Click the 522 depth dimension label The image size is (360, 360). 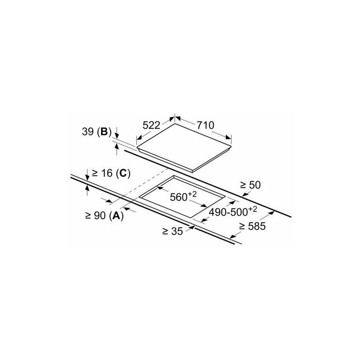[x=151, y=126]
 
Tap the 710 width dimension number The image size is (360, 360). [x=205, y=125]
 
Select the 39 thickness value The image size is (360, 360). [x=88, y=132]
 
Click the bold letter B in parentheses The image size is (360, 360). [x=104, y=132]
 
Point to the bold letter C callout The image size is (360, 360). [x=123, y=173]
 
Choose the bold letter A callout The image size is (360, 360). [x=117, y=216]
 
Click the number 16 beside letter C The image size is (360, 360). [x=107, y=173]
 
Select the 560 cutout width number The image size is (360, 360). [x=179, y=197]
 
